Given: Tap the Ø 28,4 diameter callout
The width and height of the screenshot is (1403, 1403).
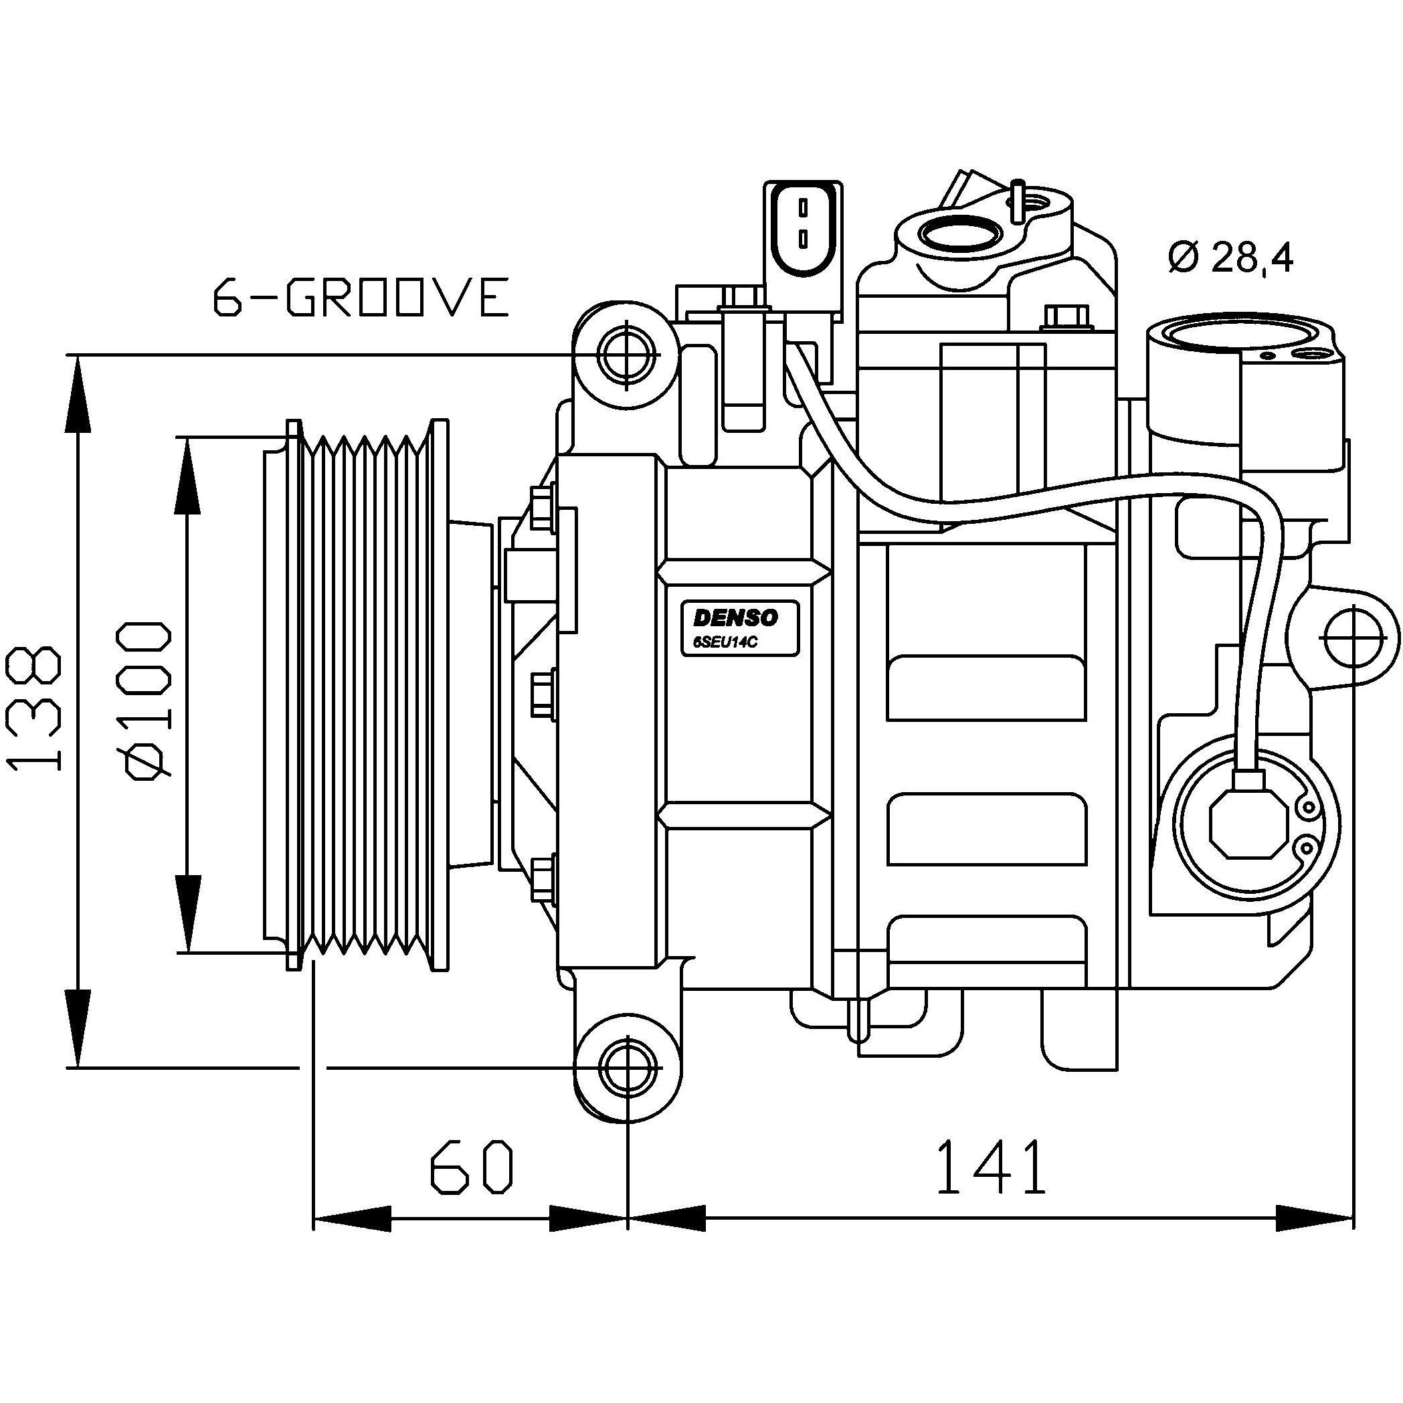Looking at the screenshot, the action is click(x=1232, y=257).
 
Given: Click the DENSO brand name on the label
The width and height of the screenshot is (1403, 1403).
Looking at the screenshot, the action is click(x=736, y=618).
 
